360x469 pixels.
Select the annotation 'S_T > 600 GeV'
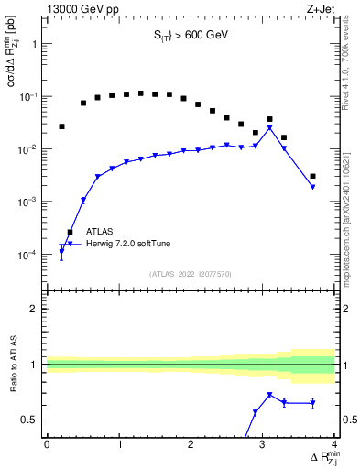click(x=191, y=36)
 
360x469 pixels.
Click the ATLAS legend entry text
click(x=99, y=232)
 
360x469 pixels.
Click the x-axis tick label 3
click(x=263, y=444)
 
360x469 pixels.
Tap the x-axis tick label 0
click(x=47, y=444)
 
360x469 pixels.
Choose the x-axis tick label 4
click(x=334, y=444)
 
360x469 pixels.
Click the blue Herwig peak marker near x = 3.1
click(x=269, y=128)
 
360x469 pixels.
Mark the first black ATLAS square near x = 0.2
click(x=61, y=126)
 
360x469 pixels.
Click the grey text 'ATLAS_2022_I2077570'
click(x=191, y=273)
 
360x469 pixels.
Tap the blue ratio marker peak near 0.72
click(x=269, y=395)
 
